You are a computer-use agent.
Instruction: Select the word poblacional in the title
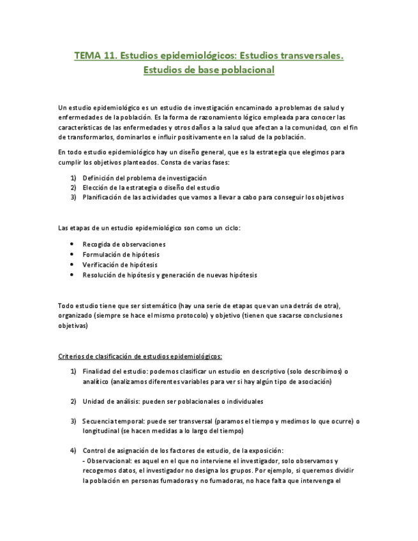[x=243, y=70]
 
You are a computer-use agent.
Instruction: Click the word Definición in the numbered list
[x=98, y=177]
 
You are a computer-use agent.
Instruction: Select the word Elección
[x=95, y=188]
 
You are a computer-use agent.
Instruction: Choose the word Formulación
[x=102, y=254]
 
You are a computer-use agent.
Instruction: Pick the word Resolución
[x=100, y=274]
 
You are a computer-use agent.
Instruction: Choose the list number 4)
[x=73, y=450]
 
